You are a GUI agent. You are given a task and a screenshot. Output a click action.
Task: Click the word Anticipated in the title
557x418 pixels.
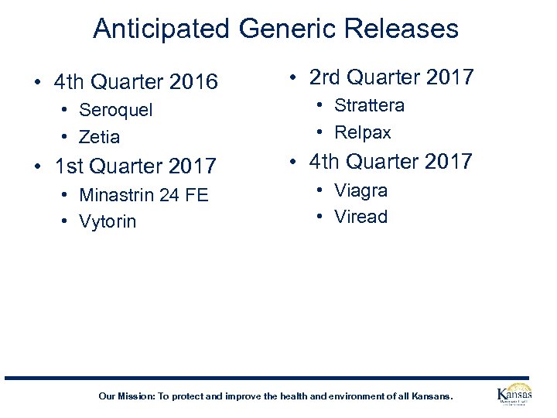pyautogui.click(x=162, y=29)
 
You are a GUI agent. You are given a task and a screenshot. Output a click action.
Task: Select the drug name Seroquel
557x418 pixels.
pyautogui.click(x=116, y=110)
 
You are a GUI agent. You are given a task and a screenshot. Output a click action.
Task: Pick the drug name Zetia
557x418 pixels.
pyautogui.click(x=100, y=137)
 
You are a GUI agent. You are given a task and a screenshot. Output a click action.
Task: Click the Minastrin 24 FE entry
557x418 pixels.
pyautogui.click(x=144, y=194)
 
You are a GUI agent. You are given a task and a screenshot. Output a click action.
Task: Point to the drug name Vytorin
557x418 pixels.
pyautogui.click(x=108, y=221)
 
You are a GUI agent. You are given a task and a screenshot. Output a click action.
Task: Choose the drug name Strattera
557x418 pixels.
pyautogui.click(x=369, y=105)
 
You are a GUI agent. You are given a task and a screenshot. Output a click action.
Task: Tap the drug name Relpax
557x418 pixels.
pyautogui.click(x=363, y=132)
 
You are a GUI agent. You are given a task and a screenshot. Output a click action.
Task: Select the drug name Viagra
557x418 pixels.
pyautogui.click(x=361, y=190)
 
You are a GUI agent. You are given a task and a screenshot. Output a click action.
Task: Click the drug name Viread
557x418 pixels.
pyautogui.click(x=361, y=217)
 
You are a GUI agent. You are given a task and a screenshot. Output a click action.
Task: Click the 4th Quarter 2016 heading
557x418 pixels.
pyautogui.click(x=136, y=81)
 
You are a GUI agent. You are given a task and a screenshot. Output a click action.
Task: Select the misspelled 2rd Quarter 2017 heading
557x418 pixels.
pyautogui.click(x=391, y=77)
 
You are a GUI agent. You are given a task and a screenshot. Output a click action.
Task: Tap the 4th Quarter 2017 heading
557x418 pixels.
pyautogui.click(x=391, y=161)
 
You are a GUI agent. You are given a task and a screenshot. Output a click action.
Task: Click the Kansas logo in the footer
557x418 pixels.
pyautogui.click(x=514, y=394)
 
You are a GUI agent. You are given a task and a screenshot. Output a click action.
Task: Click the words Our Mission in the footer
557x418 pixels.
pyautogui.click(x=126, y=396)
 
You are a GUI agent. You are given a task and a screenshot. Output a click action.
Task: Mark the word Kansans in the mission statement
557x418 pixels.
pyautogui.click(x=432, y=396)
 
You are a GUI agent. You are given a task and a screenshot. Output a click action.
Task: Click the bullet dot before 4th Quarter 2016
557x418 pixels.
pyautogui.click(x=37, y=82)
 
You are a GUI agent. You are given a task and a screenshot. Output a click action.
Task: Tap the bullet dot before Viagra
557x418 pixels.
pyautogui.click(x=320, y=191)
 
